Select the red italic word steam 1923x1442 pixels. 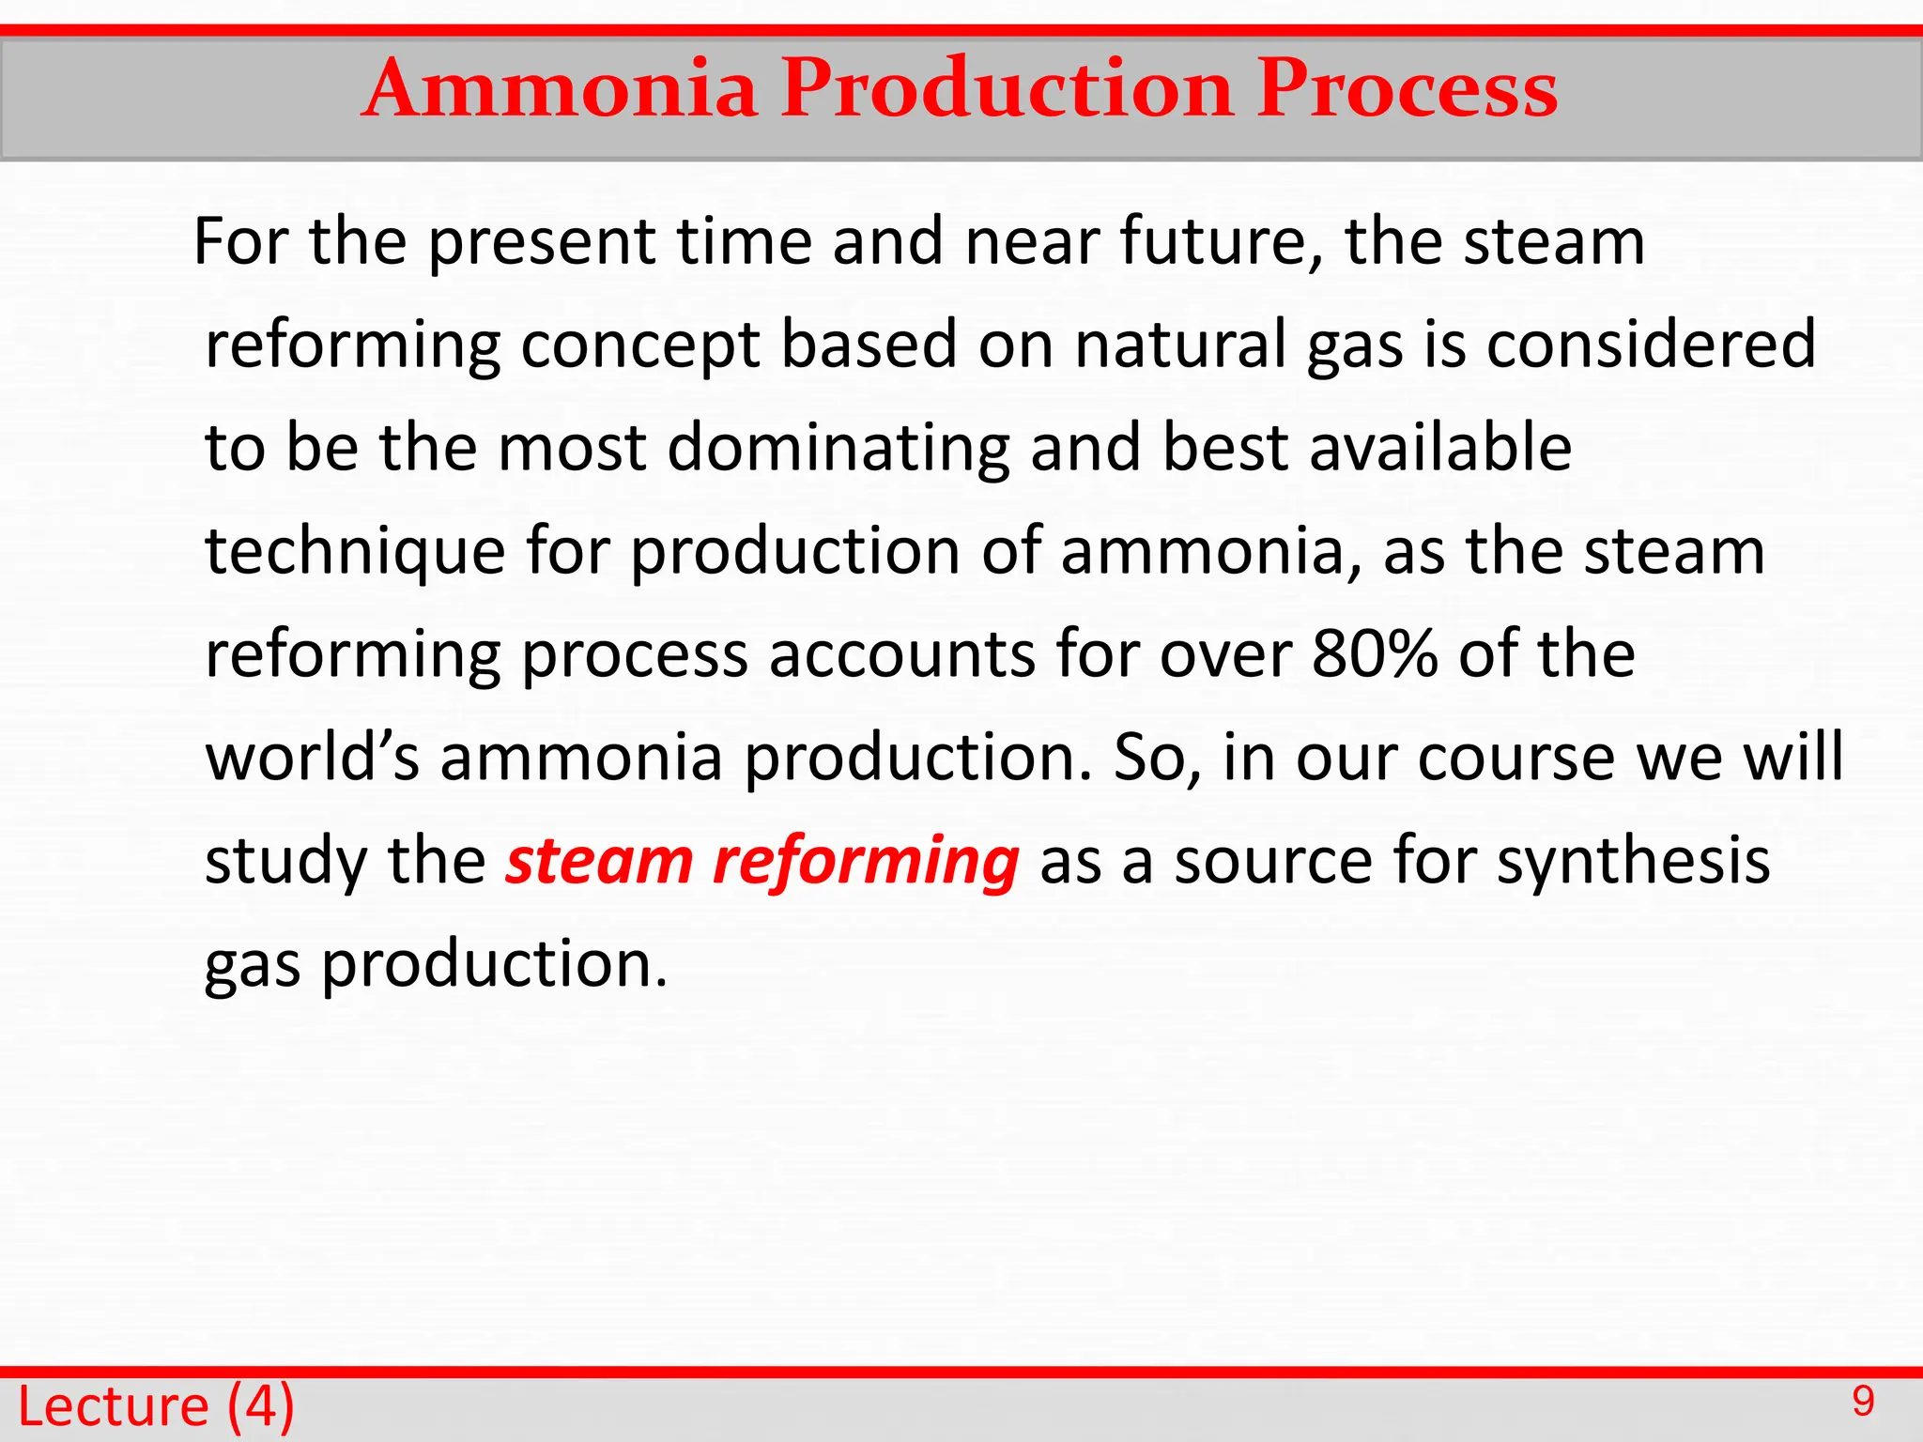tap(599, 860)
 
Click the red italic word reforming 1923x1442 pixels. tap(865, 862)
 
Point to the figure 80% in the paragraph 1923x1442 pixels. tap(1375, 653)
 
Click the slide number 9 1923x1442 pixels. tap(1863, 1402)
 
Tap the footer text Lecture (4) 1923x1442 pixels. tap(156, 1406)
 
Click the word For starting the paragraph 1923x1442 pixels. tap(239, 241)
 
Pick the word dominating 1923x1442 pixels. tap(838, 448)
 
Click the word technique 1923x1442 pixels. tap(355, 551)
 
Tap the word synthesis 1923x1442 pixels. tap(1633, 860)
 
